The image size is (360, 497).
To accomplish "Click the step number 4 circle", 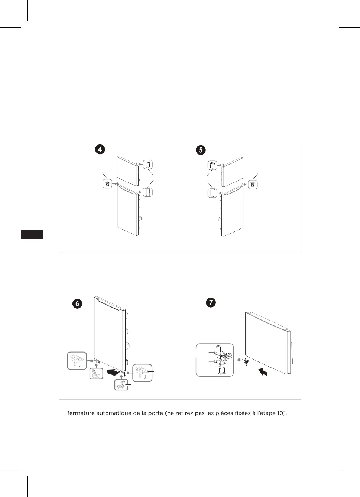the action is tap(100, 149).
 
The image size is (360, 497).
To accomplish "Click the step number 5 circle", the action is tap(201, 150).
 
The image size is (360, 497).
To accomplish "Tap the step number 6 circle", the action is tap(77, 303).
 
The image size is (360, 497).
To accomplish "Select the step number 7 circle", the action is tap(211, 302).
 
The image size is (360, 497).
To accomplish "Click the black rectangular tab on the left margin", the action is tap(32, 234).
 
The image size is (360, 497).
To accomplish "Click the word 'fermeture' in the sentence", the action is tap(81, 413).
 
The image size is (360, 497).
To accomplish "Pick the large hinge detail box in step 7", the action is tap(215, 360).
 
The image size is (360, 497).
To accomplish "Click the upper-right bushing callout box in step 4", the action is tap(147, 165).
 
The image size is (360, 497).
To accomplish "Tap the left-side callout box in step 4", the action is tap(107, 184).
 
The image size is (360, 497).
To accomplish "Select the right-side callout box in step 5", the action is tap(253, 184).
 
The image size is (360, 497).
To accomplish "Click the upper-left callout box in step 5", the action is tap(213, 165).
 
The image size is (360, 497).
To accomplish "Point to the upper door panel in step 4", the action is tap(128, 171).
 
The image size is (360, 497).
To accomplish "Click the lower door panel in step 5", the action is tap(232, 211).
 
